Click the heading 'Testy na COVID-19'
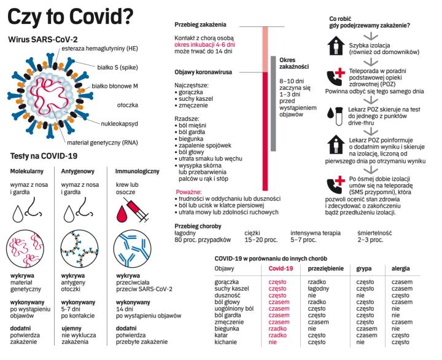click(42, 156)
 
